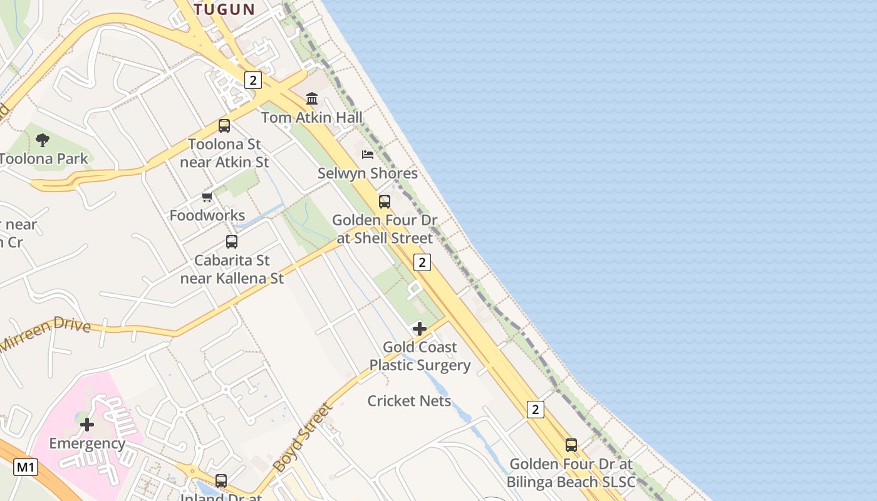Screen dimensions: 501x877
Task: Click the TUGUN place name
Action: pyautogui.click(x=224, y=9)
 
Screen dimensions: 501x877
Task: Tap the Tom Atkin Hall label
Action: pyautogui.click(x=311, y=117)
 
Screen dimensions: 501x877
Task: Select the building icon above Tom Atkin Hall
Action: pyautogui.click(x=312, y=98)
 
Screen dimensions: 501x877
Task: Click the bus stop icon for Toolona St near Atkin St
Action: pyautogui.click(x=224, y=125)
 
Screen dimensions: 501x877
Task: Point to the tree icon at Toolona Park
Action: pyautogui.click(x=43, y=140)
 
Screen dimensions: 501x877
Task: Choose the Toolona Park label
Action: pyautogui.click(x=44, y=158)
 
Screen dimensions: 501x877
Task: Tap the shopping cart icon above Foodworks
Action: pyautogui.click(x=207, y=197)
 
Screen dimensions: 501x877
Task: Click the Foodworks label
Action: pyautogui.click(x=207, y=215)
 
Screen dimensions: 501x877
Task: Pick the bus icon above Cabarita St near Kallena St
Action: pyautogui.click(x=232, y=242)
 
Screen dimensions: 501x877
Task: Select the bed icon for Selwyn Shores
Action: pyautogui.click(x=368, y=154)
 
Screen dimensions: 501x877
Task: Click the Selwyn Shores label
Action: pyautogui.click(x=368, y=173)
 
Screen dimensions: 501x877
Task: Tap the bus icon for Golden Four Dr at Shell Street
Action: pyautogui.click(x=385, y=202)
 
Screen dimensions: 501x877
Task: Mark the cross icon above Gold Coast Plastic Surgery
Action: pyautogui.click(x=420, y=329)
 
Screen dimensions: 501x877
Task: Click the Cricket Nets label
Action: pyautogui.click(x=409, y=401)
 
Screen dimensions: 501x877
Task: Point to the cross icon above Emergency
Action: pyautogui.click(x=87, y=425)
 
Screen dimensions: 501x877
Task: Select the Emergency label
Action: pyautogui.click(x=87, y=443)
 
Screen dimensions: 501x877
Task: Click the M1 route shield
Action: pyautogui.click(x=26, y=467)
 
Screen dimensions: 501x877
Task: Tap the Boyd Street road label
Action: pyautogui.click(x=302, y=437)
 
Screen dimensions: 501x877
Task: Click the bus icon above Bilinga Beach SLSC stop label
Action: pyautogui.click(x=571, y=445)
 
